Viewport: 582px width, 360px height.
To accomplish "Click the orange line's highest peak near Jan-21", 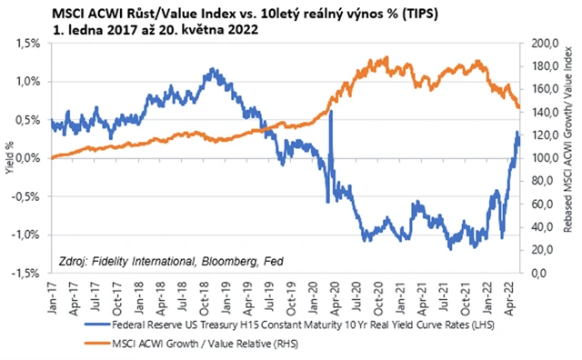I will coord(386,57).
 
